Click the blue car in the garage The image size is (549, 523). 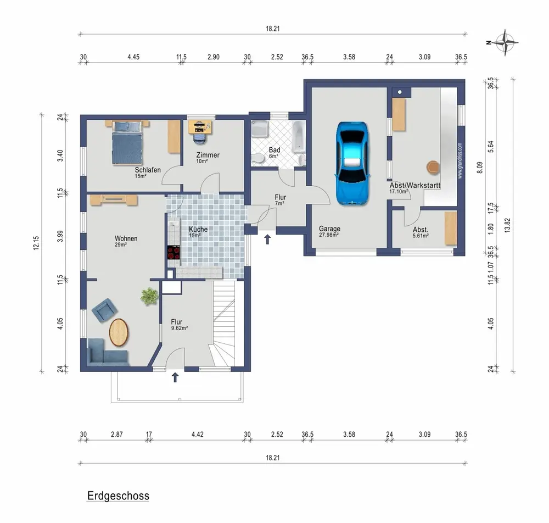(x=352, y=163)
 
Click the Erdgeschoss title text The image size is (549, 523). (x=118, y=496)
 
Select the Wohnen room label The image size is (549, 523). (x=126, y=238)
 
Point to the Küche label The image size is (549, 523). (x=198, y=229)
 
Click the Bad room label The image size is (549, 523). (x=274, y=150)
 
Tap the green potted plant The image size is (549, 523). (x=149, y=296)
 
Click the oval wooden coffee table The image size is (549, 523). (x=119, y=332)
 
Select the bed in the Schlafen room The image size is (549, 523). (x=127, y=143)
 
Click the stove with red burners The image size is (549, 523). (x=174, y=252)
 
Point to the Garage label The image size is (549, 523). (x=329, y=229)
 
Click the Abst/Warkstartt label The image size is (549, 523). (x=415, y=185)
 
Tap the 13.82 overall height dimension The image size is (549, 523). (x=508, y=225)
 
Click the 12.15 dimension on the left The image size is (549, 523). (x=36, y=243)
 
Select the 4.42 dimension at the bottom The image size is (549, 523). (x=198, y=435)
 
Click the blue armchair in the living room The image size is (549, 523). (x=104, y=310)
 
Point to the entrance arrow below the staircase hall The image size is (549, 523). (x=175, y=377)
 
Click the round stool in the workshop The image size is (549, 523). (x=433, y=167)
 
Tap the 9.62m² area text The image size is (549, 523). (x=180, y=328)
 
